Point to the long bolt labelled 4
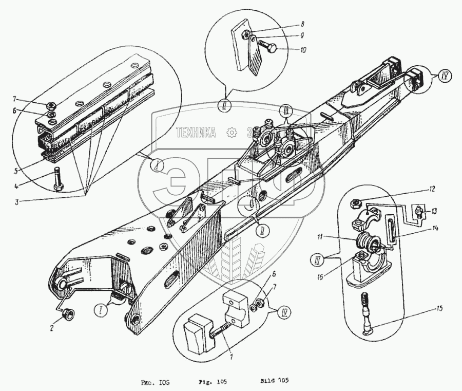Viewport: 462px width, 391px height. point(55,179)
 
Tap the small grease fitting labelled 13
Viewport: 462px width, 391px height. point(419,211)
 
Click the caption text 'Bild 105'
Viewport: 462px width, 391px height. point(276,381)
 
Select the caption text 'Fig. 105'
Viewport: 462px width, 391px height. point(213,381)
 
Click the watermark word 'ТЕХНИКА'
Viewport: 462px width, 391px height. point(196,133)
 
